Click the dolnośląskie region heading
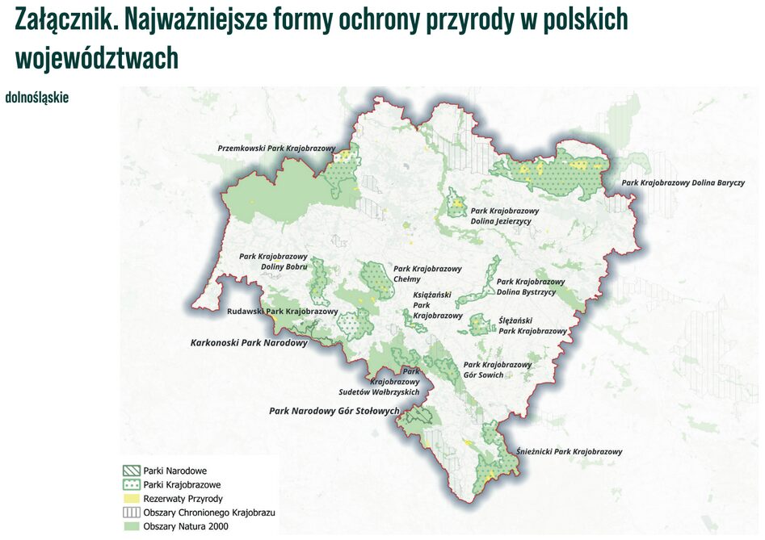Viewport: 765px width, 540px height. click(37, 98)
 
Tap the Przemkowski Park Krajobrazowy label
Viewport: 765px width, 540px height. click(276, 149)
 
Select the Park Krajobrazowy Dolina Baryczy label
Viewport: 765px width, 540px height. click(683, 183)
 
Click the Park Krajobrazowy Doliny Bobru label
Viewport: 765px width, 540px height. click(273, 262)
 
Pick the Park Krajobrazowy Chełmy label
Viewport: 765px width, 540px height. click(427, 274)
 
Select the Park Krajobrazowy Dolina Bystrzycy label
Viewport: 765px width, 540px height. click(531, 287)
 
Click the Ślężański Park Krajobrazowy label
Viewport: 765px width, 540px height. click(532, 325)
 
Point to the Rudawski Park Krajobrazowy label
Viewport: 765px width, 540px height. click(282, 311)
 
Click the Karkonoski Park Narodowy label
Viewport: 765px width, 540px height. click(249, 343)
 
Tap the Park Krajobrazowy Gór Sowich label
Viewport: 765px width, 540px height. click(498, 370)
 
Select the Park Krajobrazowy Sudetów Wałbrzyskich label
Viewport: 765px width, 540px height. click(395, 382)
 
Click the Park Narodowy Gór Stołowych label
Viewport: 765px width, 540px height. click(334, 411)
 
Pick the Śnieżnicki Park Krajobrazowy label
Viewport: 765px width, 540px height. click(570, 452)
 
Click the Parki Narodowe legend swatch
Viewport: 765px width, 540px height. click(131, 471)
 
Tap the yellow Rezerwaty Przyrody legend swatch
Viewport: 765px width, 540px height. click(131, 499)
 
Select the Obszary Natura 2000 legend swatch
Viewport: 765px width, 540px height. click(131, 526)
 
